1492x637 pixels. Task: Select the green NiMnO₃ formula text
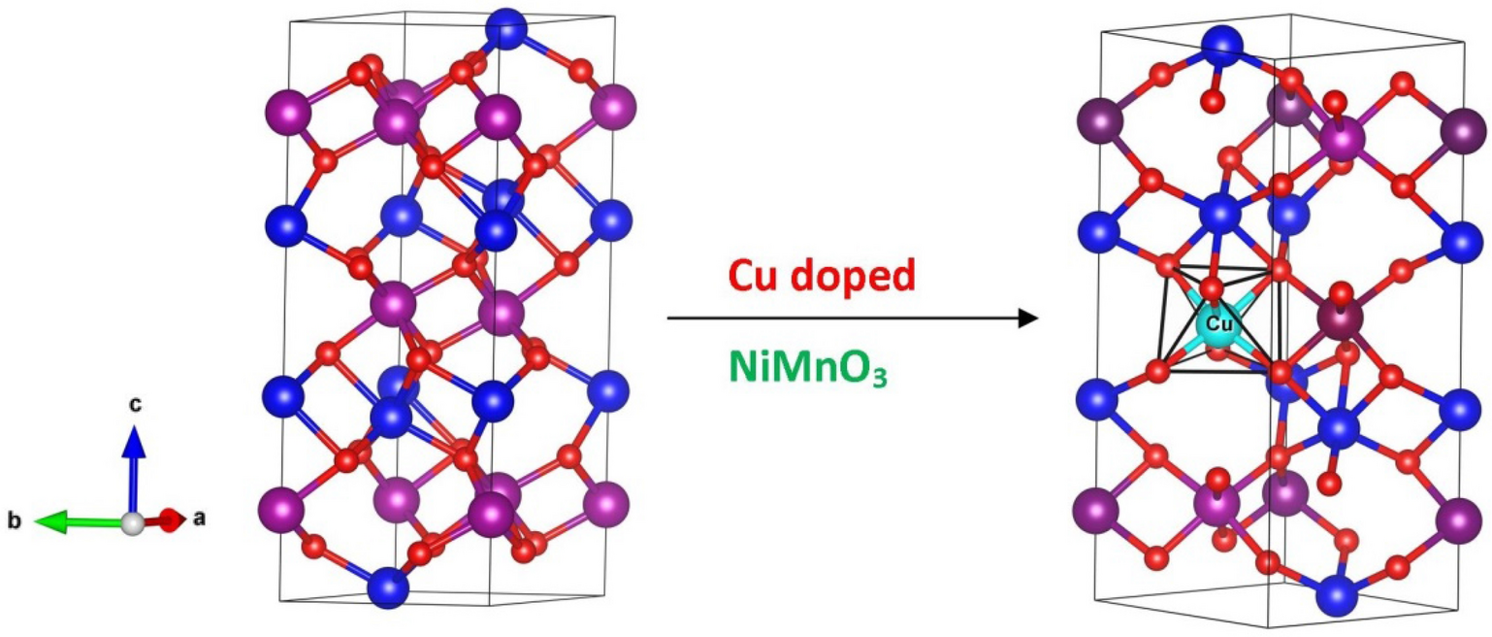[x=808, y=370]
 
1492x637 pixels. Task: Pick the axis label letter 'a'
[x=199, y=519]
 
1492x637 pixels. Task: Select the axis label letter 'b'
[x=15, y=522]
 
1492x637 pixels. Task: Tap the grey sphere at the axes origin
[x=133, y=523]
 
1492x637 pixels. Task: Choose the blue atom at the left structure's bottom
[x=388, y=588]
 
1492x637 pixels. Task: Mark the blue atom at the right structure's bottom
[x=1337, y=593]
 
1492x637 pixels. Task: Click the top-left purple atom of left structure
[x=287, y=114]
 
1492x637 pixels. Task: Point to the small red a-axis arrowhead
[x=172, y=520]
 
